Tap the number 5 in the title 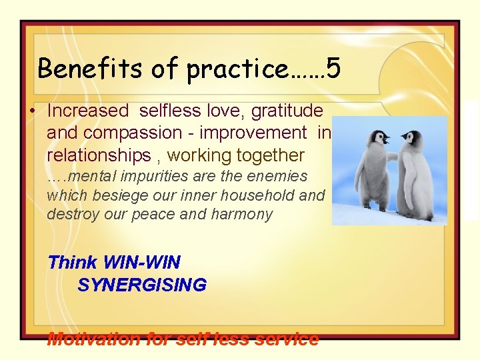[x=334, y=68]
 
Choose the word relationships [x=99, y=156]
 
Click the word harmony [x=241, y=215]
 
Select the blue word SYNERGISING [x=142, y=285]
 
